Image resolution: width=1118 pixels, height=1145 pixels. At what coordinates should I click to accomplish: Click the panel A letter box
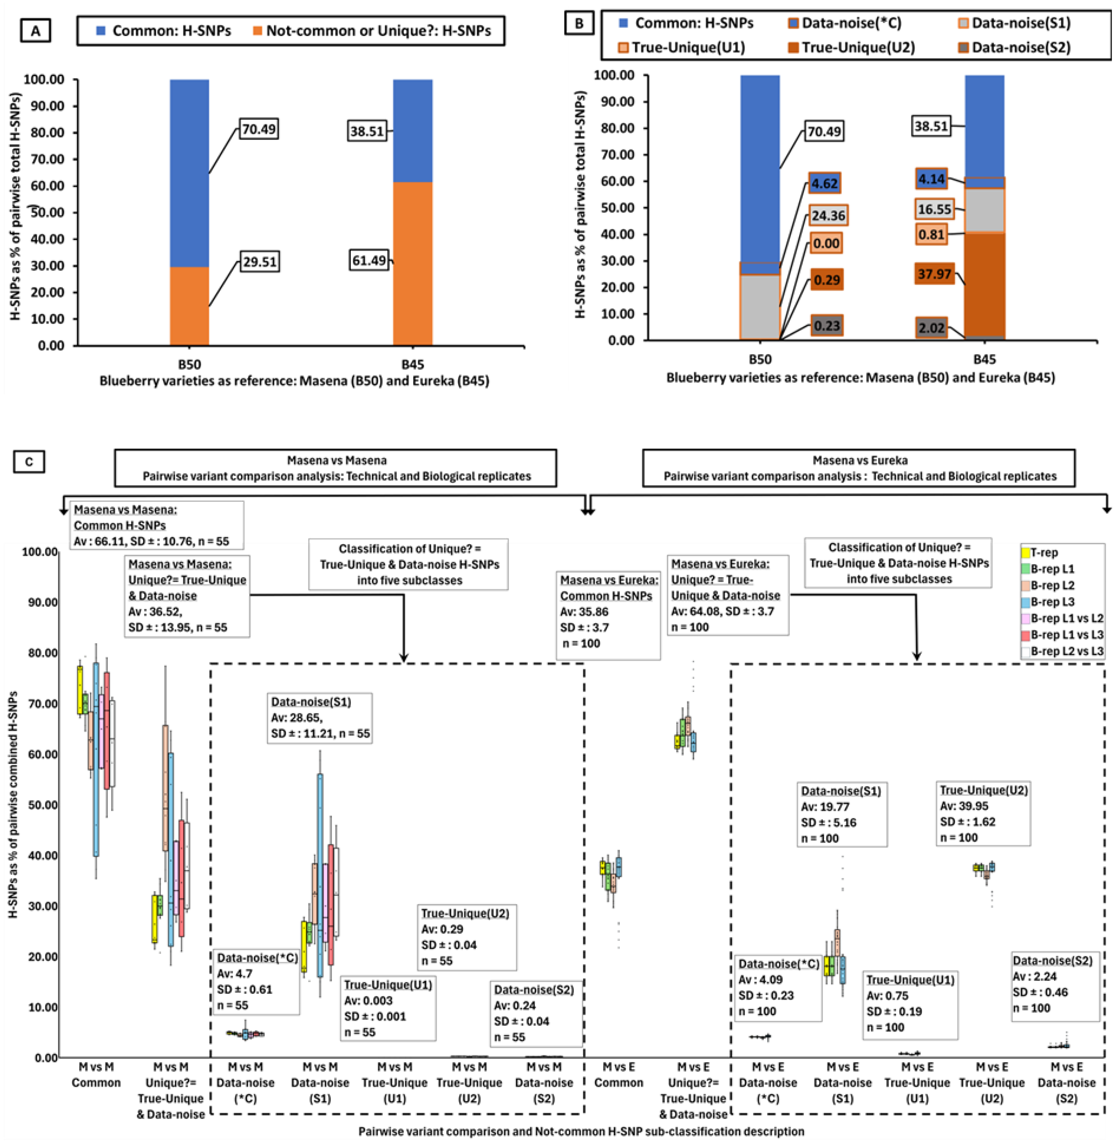click(x=35, y=31)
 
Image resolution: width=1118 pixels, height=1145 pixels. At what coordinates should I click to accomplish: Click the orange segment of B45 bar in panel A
click(x=413, y=264)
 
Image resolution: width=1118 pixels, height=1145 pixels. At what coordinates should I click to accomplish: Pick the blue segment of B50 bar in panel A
click(x=189, y=173)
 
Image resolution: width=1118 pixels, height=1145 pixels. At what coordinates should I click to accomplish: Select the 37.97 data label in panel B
click(x=934, y=274)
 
